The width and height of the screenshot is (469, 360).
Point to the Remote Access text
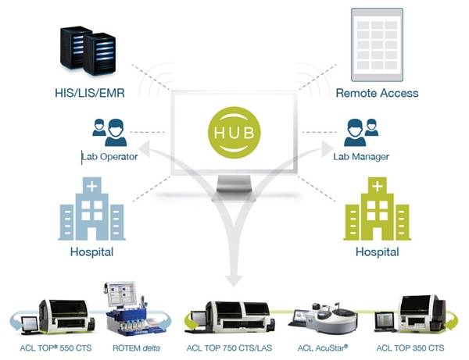click(x=377, y=93)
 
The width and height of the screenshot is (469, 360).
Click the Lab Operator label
click(x=110, y=156)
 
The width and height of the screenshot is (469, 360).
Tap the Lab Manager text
click(x=360, y=156)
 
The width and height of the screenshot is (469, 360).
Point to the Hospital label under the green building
click(x=377, y=253)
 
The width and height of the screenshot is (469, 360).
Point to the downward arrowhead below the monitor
click(x=233, y=277)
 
